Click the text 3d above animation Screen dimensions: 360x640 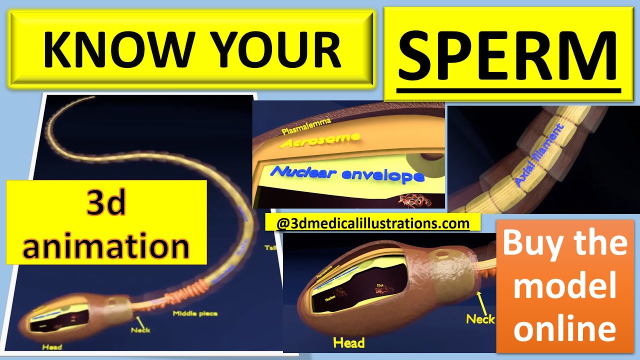tap(106, 205)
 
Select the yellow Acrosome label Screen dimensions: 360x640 tap(320, 140)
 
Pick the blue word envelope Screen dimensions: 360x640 tap(382, 175)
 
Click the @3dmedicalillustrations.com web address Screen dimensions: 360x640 tap(372, 223)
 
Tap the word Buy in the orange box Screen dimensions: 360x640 tap(530, 243)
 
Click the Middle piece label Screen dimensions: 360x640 tap(195, 314)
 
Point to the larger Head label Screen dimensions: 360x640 tap(348, 342)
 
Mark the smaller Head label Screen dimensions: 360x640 tap(52, 347)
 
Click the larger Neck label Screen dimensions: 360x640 tap(480, 318)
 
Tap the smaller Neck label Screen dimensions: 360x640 tap(140, 330)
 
